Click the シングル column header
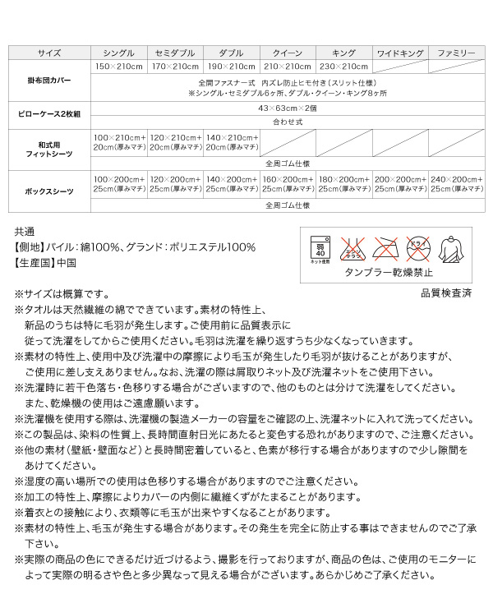118,53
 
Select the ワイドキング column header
399,53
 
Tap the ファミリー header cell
456,53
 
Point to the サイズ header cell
49,53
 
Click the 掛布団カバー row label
49,81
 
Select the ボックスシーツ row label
49,191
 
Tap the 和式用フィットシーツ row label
49,149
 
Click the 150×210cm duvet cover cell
118,67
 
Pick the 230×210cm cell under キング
343,67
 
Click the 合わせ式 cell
287,121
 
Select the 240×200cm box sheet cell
456,184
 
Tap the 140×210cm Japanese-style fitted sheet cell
231,141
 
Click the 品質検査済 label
446,292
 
